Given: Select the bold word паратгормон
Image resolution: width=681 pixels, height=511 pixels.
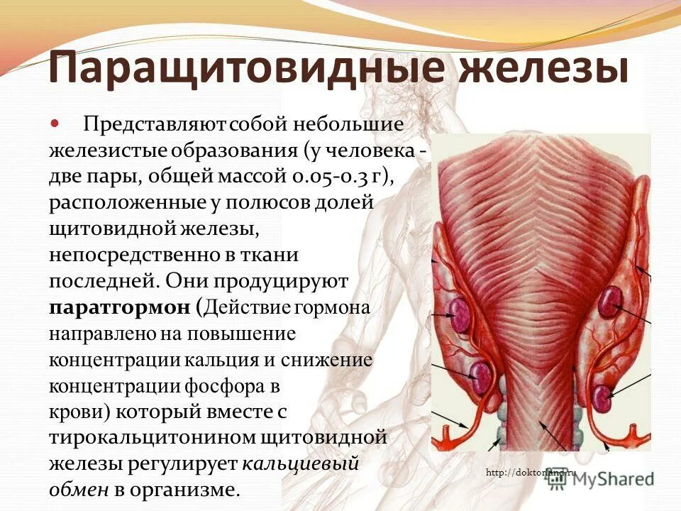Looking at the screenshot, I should [x=120, y=307].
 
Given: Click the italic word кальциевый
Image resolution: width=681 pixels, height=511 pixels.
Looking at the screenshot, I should [x=301, y=463].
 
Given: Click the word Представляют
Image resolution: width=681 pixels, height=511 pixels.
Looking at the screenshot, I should [x=154, y=125].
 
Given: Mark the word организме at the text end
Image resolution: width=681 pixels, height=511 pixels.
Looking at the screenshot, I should [x=191, y=489].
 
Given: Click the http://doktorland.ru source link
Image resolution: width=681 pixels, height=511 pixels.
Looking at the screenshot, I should [x=532, y=473].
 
